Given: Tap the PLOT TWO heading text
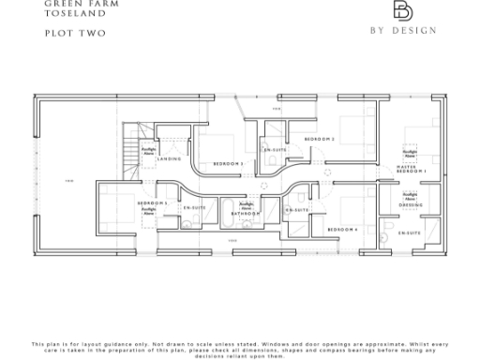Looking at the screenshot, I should click(62, 34).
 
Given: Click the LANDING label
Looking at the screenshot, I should click(169, 159).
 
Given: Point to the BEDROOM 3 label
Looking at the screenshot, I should click(228, 164).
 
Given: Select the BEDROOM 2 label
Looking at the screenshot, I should click(320, 139).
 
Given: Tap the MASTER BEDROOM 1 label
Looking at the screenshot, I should click(412, 171).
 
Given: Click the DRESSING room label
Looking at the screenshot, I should click(411, 204).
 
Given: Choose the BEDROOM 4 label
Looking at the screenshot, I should click(343, 229).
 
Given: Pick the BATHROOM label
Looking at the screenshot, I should click(246, 214).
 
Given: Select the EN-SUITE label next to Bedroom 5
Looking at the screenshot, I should click(194, 207).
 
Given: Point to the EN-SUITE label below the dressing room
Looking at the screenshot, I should click(409, 232).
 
